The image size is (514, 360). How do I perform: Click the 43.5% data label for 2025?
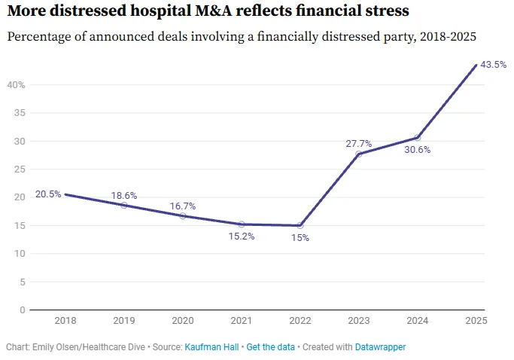coord(494,65)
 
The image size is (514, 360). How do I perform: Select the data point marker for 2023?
coord(359,154)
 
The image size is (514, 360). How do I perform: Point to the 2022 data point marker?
coord(300,225)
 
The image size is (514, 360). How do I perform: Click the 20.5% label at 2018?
coord(47,194)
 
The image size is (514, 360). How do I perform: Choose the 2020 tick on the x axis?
coord(183,321)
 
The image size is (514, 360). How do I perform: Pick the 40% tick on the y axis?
coord(17,85)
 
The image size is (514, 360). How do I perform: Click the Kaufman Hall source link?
coord(208,347)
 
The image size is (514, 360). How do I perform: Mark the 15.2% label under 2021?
coord(242,236)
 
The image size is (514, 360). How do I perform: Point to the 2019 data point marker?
coord(124,205)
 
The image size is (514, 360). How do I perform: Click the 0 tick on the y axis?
coord(23,310)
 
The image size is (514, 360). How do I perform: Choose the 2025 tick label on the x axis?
coord(476,321)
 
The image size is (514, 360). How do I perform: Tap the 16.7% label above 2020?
coord(183,205)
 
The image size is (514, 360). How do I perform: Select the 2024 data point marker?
coord(418,138)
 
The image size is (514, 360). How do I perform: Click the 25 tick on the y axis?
coord(20,169)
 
